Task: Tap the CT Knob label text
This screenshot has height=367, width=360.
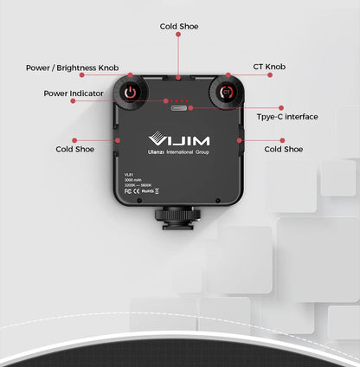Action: pyautogui.click(x=270, y=67)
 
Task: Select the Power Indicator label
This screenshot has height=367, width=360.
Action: pyautogui.click(x=74, y=93)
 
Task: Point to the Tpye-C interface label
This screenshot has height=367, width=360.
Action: pyautogui.click(x=287, y=117)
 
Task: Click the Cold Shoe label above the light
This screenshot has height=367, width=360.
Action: pyautogui.click(x=179, y=27)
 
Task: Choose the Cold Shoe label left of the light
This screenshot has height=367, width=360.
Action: pyautogui.click(x=76, y=149)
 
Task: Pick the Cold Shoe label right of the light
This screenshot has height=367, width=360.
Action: pyautogui.click(x=283, y=149)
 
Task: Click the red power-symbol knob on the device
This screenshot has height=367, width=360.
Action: pyautogui.click(x=130, y=92)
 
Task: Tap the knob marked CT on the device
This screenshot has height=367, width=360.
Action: pyautogui.click(x=228, y=92)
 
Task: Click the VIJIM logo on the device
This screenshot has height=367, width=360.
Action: pyautogui.click(x=178, y=138)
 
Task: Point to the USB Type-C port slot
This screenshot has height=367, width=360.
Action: pyautogui.click(x=179, y=108)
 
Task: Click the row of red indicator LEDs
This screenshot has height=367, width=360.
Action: pyautogui.click(x=179, y=100)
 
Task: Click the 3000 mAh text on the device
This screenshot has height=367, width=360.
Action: pyautogui.click(x=136, y=179)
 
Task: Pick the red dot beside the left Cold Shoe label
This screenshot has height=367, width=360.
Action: pyautogui.click(x=76, y=138)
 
